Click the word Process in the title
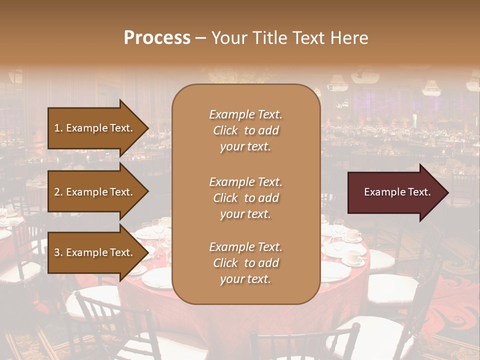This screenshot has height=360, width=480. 157,38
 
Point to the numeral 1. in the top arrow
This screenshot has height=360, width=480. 58,128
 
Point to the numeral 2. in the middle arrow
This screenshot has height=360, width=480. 58,192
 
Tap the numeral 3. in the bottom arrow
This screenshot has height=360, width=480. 58,252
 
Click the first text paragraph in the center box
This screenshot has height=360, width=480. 245,130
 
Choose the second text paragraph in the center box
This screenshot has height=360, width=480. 245,198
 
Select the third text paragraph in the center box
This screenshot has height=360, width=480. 245,263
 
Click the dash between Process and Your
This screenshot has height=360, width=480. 200,38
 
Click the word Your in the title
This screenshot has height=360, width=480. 228,38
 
